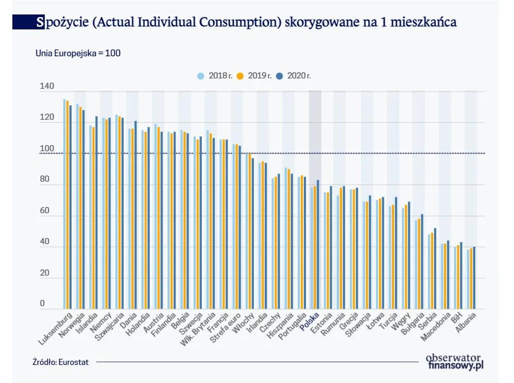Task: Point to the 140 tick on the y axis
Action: tap(47, 87)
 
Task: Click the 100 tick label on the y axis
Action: tap(47, 149)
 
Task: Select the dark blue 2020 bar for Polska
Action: tap(318, 244)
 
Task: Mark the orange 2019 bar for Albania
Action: tap(471, 278)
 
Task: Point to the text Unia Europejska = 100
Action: tap(78, 53)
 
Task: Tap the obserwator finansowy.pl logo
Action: tap(455, 361)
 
